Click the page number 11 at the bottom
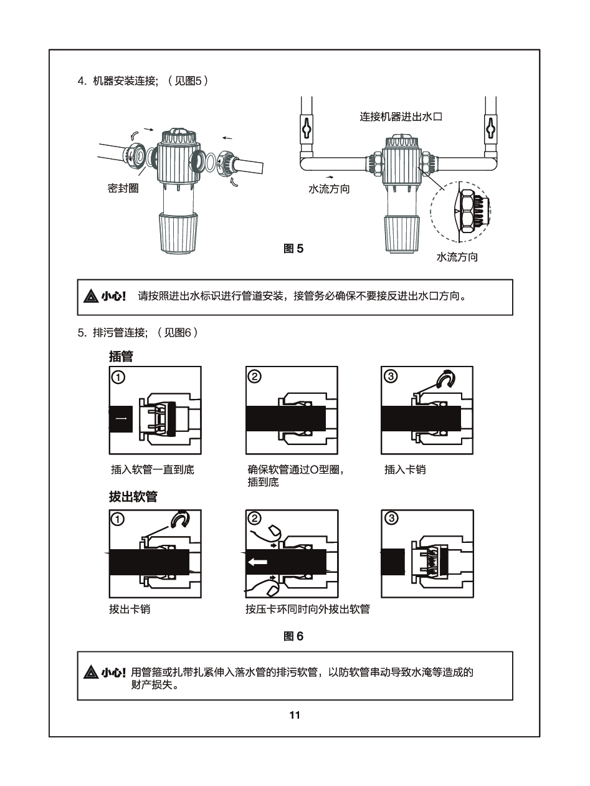(295, 715)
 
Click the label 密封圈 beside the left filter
(123, 188)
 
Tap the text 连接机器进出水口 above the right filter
(401, 117)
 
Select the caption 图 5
(293, 249)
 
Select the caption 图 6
(293, 636)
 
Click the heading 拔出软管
(133, 497)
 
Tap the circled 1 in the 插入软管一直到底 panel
(118, 376)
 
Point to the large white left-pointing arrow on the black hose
(257, 562)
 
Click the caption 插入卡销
(405, 469)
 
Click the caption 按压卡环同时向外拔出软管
(307, 609)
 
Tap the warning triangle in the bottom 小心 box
(90, 673)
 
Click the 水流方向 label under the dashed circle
(457, 257)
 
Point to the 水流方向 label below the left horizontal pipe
(330, 188)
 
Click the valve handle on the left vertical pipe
(306, 130)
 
